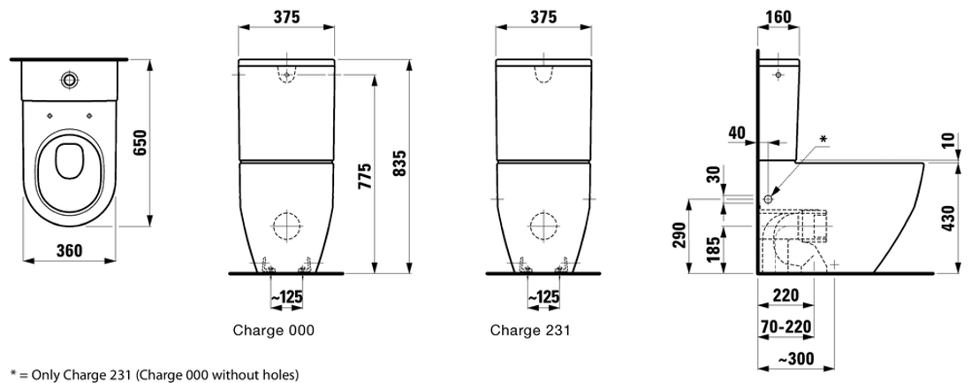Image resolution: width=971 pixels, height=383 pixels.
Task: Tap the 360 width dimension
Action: coord(69,249)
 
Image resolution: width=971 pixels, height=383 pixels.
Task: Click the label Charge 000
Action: coord(273,330)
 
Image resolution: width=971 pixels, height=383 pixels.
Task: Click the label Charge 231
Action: coord(530,330)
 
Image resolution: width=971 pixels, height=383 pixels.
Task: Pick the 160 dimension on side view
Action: coord(778,17)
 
